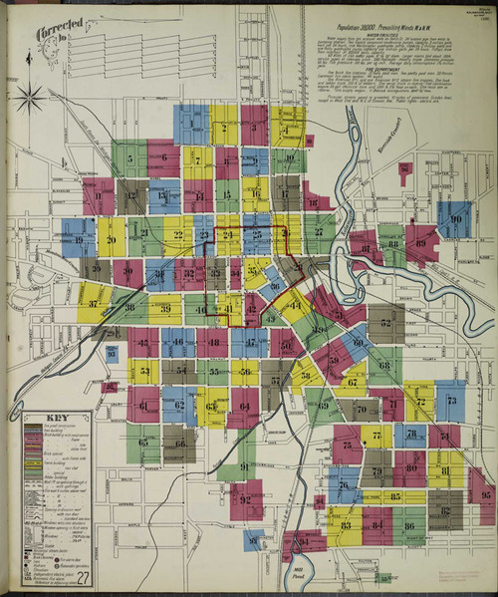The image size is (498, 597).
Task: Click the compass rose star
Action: click(x=30, y=97)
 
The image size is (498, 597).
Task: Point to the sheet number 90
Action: click(x=455, y=219)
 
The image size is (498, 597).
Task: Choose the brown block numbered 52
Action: click(x=386, y=323)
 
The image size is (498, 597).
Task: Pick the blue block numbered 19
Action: click(x=78, y=239)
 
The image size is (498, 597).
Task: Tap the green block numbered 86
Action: click(x=408, y=524)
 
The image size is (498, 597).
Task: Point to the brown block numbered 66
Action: click(x=179, y=443)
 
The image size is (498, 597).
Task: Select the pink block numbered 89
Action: click(x=421, y=241)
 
